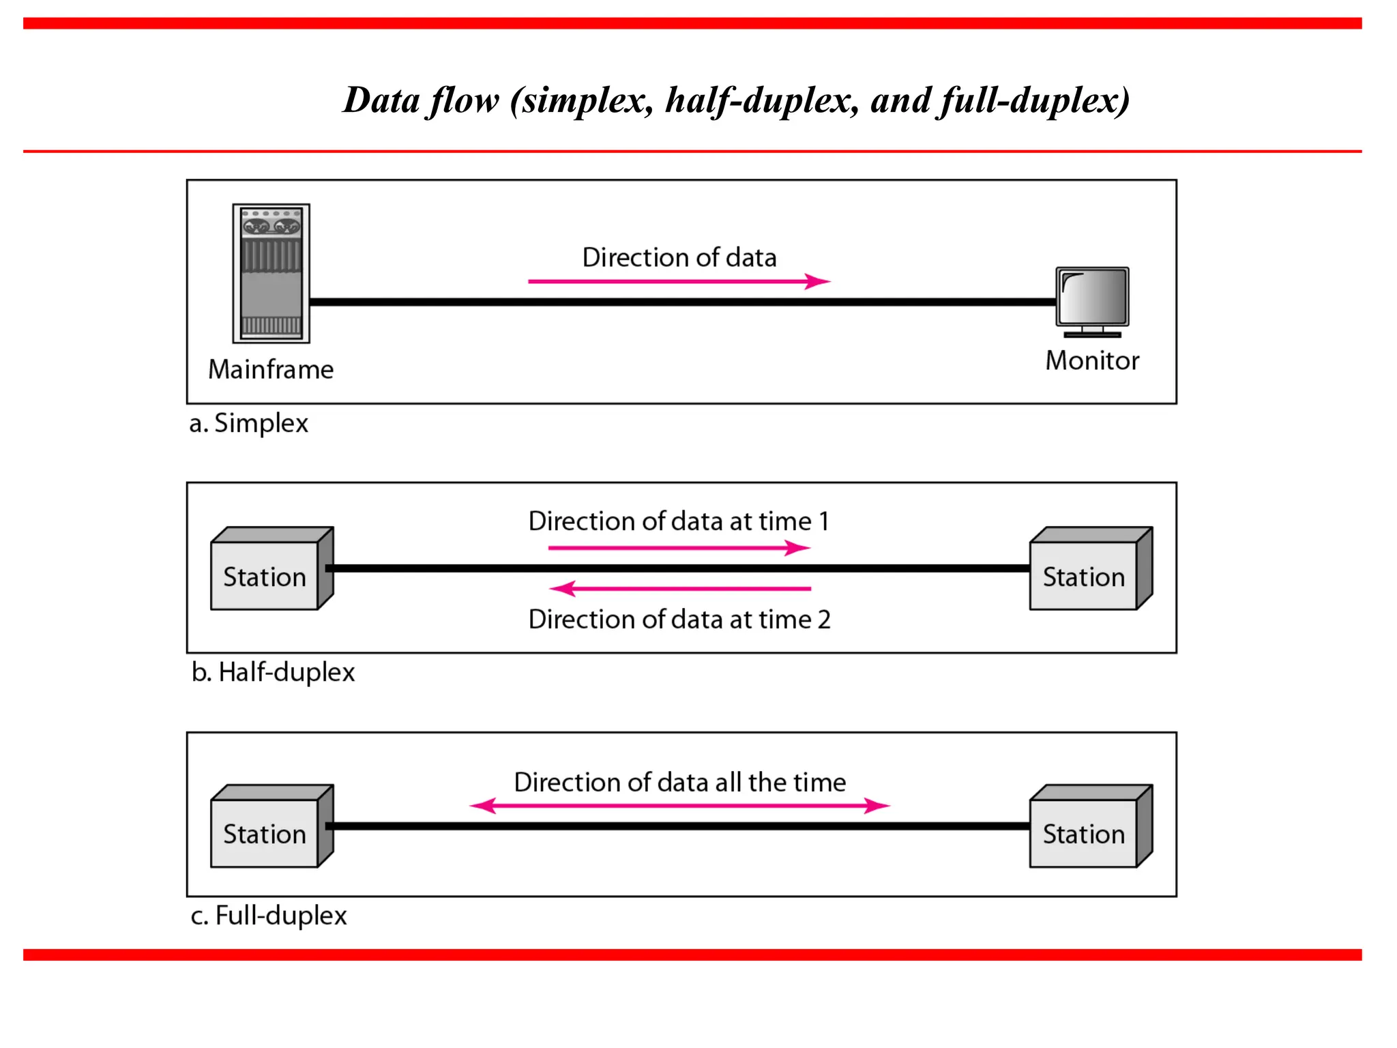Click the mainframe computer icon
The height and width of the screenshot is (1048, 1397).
point(271,273)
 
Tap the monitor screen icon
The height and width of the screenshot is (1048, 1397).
point(1092,298)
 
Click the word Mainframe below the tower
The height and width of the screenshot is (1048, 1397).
point(271,369)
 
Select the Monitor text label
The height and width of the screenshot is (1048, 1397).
point(1091,360)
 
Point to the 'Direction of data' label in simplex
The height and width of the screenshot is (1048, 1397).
point(679,257)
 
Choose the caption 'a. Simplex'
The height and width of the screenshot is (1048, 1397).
point(248,423)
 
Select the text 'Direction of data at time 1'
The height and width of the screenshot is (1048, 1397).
point(679,521)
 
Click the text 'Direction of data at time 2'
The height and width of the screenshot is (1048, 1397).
point(679,619)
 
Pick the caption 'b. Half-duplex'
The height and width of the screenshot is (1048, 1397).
point(273,672)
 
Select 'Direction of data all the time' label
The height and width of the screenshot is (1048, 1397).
point(679,782)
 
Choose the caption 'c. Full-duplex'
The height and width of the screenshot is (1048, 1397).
point(268,915)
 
